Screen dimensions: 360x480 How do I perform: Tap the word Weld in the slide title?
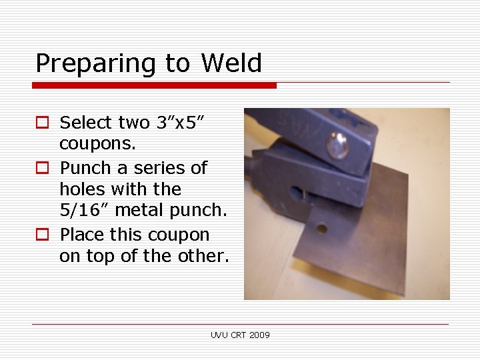point(231,63)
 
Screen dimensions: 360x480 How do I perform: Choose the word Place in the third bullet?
point(83,235)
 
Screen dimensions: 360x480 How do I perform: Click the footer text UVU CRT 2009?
point(241,335)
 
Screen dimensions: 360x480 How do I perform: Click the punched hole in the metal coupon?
point(321,228)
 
